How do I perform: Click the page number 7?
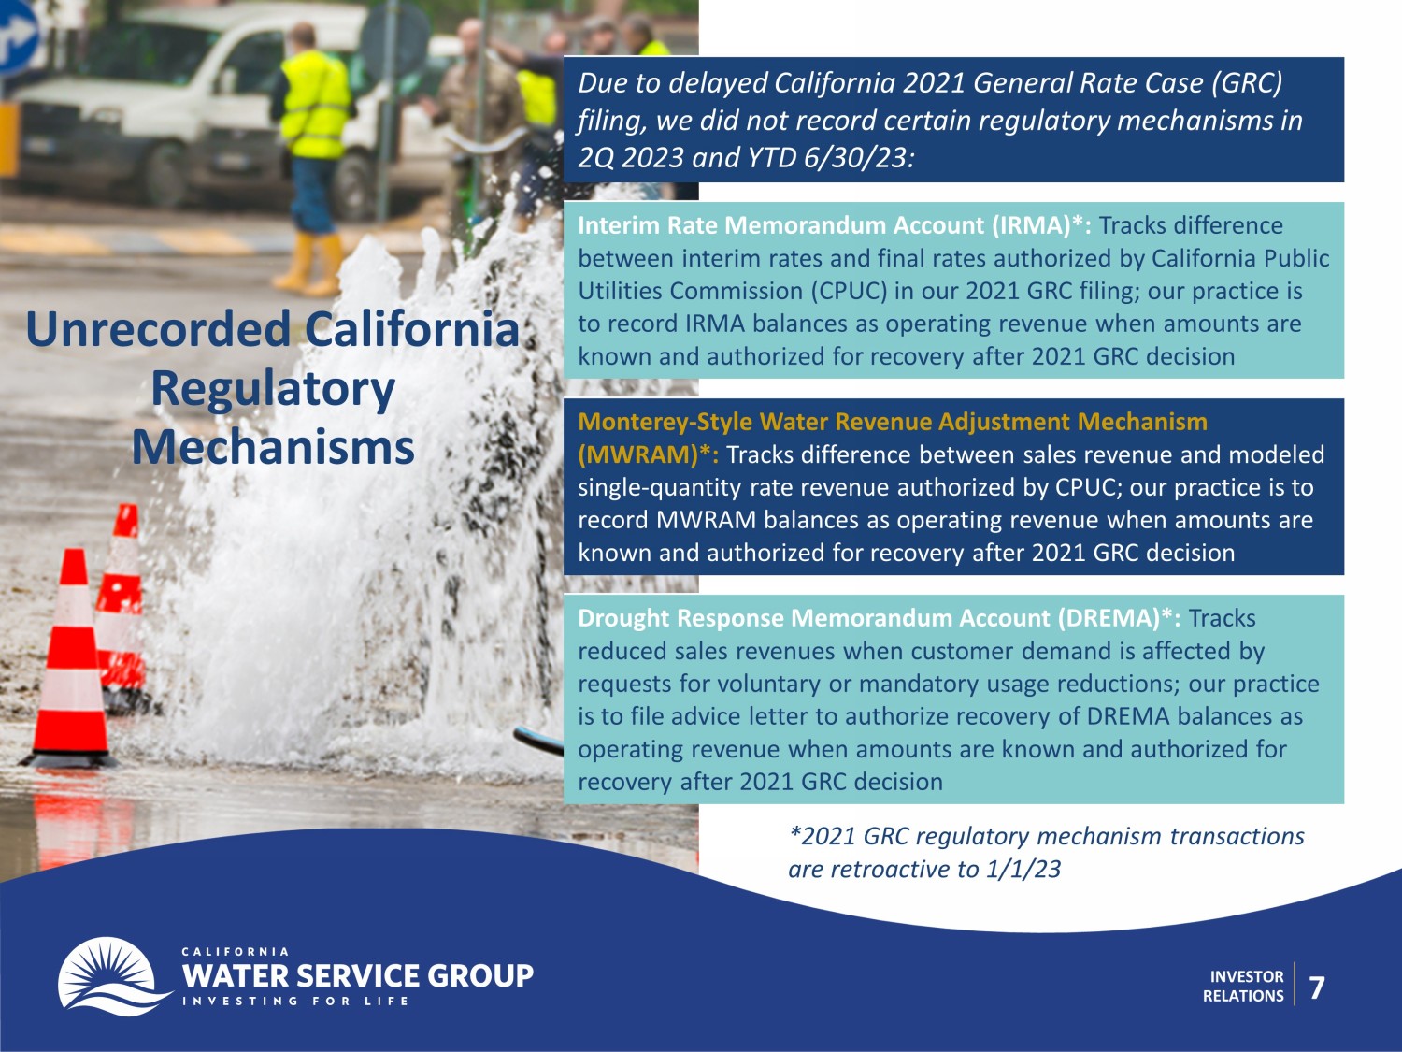1316,987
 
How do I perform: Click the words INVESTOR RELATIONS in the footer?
1243,987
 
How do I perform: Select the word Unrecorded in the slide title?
158,329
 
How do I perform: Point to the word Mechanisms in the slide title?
273,446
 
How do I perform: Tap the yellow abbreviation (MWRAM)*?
649,454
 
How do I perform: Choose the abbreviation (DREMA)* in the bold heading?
1119,618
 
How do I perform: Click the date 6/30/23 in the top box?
859,158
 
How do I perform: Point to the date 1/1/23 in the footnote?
1023,870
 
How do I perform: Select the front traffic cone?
72,658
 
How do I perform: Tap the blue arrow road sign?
16,36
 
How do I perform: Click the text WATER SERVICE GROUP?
358,976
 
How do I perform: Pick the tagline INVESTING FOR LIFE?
295,1001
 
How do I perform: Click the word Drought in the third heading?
622,618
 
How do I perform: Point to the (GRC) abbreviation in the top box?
1247,83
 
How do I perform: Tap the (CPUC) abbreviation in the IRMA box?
850,291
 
